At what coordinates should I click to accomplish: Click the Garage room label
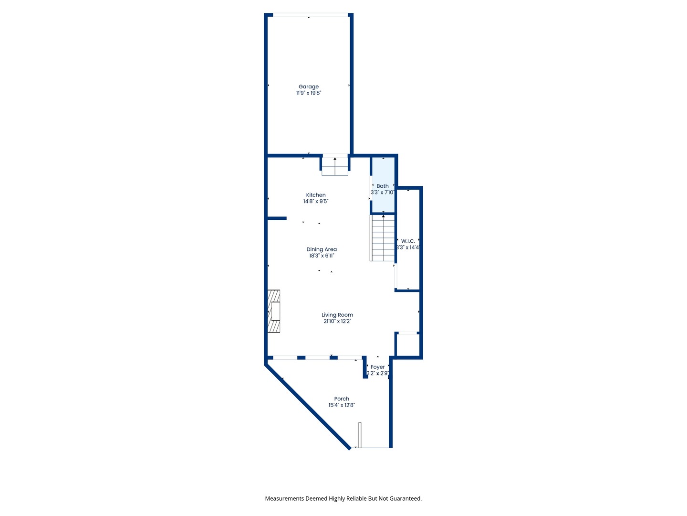(309, 86)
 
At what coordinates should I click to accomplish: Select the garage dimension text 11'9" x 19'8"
(309, 93)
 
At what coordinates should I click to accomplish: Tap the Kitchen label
(316, 195)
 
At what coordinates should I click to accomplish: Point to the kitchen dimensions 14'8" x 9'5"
(316, 202)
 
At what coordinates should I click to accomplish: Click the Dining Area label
(322, 249)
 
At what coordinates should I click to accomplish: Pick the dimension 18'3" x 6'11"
(322, 256)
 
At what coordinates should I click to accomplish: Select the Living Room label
(337, 315)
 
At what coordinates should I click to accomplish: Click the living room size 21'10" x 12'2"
(337, 322)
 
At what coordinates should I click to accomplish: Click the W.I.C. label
(408, 241)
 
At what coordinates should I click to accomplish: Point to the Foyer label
(377, 367)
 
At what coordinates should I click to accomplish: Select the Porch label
(342, 398)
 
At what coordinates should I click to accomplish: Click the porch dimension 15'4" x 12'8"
(342, 405)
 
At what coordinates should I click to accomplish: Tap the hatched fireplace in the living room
(273, 311)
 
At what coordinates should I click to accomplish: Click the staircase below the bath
(383, 238)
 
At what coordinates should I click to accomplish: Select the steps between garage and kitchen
(335, 166)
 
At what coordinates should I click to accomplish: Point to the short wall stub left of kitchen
(277, 218)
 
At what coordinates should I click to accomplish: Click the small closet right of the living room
(408, 345)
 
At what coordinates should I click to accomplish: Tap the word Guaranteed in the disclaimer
(405, 498)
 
